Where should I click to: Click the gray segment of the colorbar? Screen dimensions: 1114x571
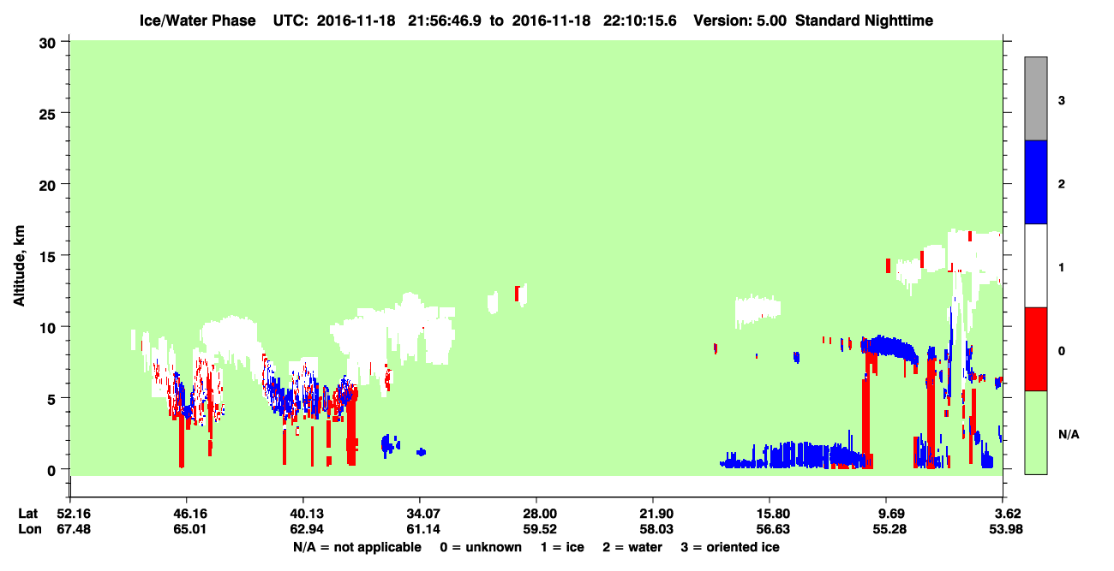coord(1035,98)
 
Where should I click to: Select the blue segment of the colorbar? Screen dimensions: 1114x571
coord(1035,181)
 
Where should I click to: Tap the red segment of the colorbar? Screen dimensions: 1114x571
coord(1035,349)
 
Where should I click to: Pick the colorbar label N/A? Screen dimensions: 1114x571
coord(1069,435)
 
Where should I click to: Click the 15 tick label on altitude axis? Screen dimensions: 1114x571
coord(48,257)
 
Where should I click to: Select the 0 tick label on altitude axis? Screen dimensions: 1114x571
coord(51,471)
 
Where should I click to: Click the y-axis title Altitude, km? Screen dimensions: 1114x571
coord(19,266)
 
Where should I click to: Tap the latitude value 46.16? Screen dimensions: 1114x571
coord(190,514)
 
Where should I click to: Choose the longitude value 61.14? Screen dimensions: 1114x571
coord(423,529)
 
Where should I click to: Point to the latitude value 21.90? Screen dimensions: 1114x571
coord(656,514)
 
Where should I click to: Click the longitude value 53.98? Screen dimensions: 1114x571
coord(1006,529)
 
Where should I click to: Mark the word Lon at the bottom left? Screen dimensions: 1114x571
coord(30,529)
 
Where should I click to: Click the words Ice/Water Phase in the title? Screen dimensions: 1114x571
coord(197,21)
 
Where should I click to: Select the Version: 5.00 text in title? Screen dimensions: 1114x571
coord(740,21)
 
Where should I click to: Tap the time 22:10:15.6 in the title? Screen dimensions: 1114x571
coord(640,21)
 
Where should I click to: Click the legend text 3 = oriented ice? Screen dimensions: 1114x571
coord(730,547)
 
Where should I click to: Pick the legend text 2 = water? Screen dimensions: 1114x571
coord(632,547)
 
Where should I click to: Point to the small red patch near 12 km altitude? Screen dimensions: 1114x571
coord(518,293)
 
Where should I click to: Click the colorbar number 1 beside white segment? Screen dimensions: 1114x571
coord(1061,268)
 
